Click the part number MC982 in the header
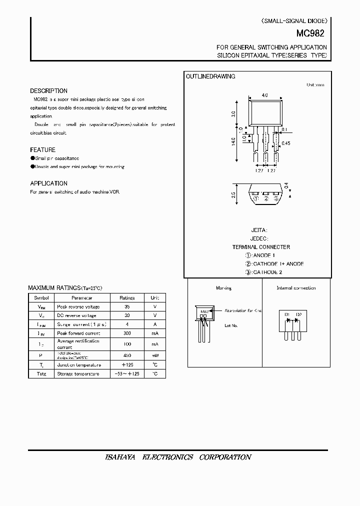point(314,34)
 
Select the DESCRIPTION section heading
point(48,91)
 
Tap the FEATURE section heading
point(43,150)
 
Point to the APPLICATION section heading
point(48,183)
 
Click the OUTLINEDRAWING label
point(210,76)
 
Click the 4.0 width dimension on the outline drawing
point(264,95)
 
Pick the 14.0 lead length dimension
point(233,141)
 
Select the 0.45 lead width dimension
point(286,143)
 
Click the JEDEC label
point(259,238)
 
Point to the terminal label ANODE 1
point(263,255)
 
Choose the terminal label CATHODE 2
point(266,272)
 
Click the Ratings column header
point(127,297)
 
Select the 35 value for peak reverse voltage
point(127,306)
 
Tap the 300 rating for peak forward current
point(127,332)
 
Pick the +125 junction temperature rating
point(127,365)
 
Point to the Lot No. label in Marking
point(230,325)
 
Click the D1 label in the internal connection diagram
point(287,314)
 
